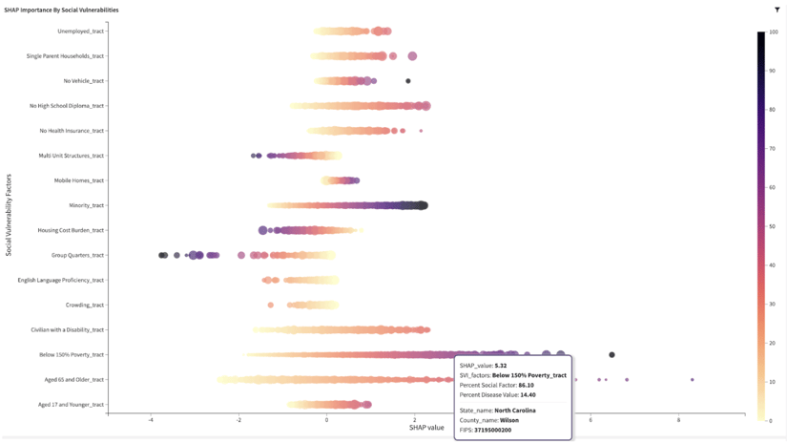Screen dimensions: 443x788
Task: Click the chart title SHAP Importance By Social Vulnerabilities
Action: pos(62,10)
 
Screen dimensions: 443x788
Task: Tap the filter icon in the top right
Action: pos(778,10)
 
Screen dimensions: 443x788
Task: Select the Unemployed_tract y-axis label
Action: pos(80,31)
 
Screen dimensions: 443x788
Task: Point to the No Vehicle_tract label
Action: pos(83,81)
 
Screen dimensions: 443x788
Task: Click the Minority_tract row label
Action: pos(86,205)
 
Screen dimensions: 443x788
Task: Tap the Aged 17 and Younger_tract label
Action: pos(71,405)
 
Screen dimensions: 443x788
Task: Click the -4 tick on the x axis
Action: pos(151,420)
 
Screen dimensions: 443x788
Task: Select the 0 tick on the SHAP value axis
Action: pos(326,420)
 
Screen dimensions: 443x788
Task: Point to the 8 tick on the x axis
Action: pos(678,420)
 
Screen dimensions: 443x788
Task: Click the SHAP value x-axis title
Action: pos(426,427)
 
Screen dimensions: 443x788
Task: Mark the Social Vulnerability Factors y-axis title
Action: pos(9,215)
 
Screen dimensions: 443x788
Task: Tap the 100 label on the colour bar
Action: pos(773,32)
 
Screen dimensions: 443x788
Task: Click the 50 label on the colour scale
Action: pos(772,226)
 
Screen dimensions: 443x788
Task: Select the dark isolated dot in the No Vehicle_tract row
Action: pos(408,81)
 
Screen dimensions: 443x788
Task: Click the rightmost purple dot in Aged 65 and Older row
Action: pos(693,380)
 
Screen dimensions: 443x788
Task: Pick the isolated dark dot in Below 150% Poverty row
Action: pos(612,354)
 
